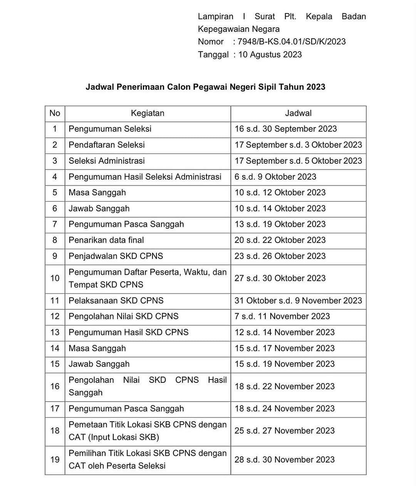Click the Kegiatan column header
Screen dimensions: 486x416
pos(148,113)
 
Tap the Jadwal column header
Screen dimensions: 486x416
pos(298,113)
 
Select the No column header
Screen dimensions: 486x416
pos(55,113)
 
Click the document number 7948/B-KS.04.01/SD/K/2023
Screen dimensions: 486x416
pos(292,42)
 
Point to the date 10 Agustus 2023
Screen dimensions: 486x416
pos(270,54)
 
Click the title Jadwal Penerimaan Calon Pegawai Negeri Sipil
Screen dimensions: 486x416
pos(205,87)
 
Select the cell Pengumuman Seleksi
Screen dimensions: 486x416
pos(110,129)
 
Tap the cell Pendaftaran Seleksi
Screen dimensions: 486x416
pos(107,145)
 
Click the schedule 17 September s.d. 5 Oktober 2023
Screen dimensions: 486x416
pos(298,161)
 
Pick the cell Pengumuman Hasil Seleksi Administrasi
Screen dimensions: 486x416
pos(145,177)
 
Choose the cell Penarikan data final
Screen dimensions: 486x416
pos(106,240)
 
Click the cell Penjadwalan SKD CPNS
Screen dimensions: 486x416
pos(116,256)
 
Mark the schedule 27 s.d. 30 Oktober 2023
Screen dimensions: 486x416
pos(280,278)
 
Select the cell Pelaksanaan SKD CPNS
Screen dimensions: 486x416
pos(116,300)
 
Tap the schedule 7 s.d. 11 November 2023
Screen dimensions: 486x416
pos(282,316)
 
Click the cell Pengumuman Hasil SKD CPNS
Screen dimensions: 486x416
pos(129,332)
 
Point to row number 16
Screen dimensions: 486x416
pos(55,386)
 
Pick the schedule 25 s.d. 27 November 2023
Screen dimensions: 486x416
pos(284,431)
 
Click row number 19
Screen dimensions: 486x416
pos(55,459)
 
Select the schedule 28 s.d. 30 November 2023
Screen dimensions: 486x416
pos(284,459)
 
